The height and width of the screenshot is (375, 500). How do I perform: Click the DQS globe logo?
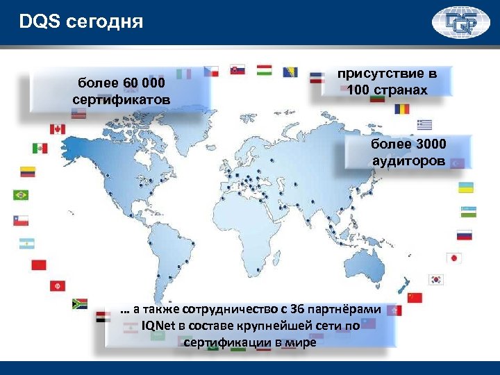pyautogui.click(x=461, y=22)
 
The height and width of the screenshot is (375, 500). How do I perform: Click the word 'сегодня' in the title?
pyautogui.click(x=107, y=22)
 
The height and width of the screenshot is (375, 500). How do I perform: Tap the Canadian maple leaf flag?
pyautogui.click(x=57, y=129)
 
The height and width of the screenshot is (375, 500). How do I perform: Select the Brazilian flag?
pyautogui.click(x=21, y=195)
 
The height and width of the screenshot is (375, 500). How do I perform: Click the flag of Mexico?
pyautogui.click(x=40, y=148)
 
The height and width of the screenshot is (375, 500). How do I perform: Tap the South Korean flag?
pyautogui.click(x=437, y=279)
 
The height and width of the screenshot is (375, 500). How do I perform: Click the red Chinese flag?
pyautogui.click(x=415, y=298)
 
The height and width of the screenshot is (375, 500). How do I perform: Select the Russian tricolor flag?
pyautogui.click(x=464, y=235)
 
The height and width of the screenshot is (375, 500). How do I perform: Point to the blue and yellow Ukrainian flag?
pyautogui.click(x=466, y=187)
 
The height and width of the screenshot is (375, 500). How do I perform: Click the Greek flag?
pyautogui.click(x=424, y=125)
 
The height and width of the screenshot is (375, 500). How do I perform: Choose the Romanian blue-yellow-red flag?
pyautogui.click(x=401, y=109)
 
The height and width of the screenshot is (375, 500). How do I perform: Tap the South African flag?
pyautogui.click(x=80, y=303)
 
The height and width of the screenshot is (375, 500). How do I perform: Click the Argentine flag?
pyautogui.click(x=27, y=243)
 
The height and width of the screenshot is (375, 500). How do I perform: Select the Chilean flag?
pyautogui.click(x=21, y=219)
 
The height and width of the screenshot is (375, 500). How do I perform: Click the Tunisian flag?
pyautogui.click(x=57, y=285)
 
